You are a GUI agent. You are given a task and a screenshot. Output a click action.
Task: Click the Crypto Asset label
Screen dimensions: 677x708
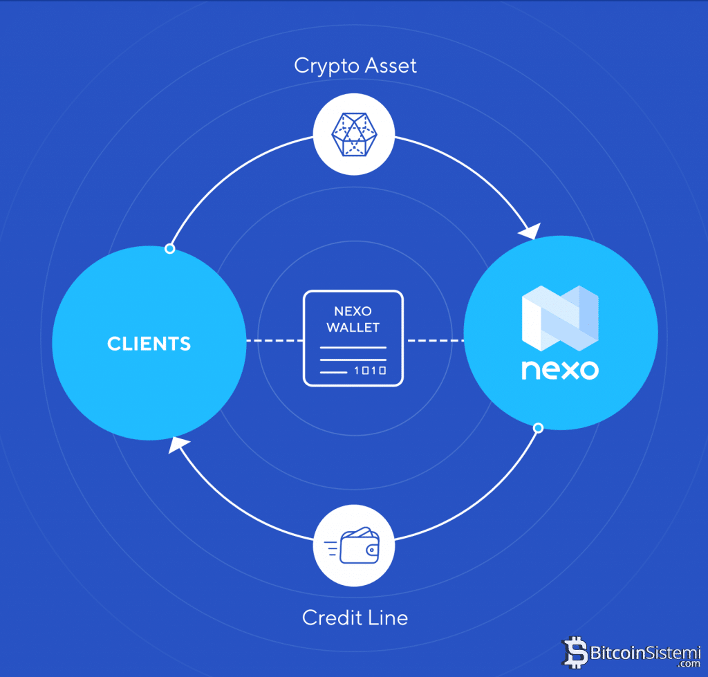[355, 66]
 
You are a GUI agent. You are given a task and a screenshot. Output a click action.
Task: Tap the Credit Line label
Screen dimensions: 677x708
[355, 617]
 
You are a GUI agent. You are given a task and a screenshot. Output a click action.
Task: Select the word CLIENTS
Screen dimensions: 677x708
[149, 343]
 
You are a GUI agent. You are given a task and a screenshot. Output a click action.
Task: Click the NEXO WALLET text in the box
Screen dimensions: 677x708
[353, 319]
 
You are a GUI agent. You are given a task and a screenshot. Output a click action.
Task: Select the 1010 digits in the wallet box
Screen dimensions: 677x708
[369, 371]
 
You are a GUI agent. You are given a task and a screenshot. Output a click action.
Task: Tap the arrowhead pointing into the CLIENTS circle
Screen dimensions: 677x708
[178, 446]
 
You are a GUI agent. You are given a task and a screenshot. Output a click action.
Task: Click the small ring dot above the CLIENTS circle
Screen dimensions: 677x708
[169, 248]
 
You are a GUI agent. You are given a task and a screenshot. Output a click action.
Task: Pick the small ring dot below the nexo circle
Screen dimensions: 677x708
[538, 428]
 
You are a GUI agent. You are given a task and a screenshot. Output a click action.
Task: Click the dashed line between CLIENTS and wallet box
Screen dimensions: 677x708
[274, 341]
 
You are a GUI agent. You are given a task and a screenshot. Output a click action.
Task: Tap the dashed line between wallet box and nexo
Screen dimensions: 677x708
[434, 341]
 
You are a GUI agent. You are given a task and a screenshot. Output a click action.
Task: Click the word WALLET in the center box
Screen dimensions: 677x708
[353, 327]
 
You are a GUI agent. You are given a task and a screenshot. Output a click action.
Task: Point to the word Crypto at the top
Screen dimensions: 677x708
[323, 66]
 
